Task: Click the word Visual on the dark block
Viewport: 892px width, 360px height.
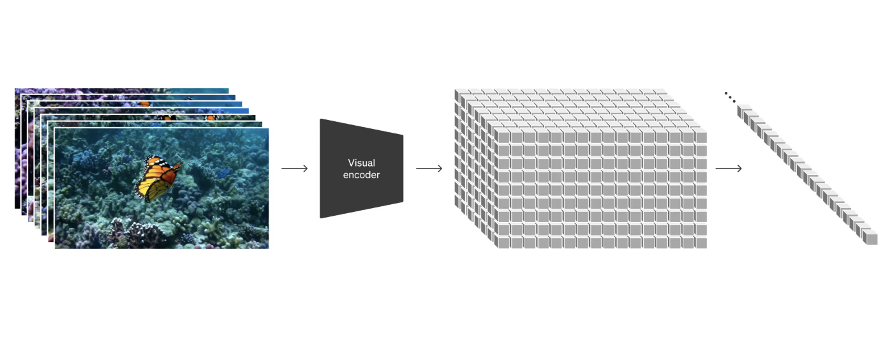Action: [361, 163]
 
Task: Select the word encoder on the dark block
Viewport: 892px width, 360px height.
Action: [361, 174]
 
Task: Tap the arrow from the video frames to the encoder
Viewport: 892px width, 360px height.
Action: [294, 169]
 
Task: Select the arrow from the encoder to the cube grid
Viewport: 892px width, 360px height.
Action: [429, 169]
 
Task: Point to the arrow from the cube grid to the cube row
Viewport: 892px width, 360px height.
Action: [728, 169]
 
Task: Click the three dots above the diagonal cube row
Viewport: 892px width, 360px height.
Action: [730, 97]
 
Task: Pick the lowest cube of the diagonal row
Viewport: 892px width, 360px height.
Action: [870, 239]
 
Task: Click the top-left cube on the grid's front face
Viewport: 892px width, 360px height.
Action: [502, 137]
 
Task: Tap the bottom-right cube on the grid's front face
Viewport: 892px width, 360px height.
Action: [701, 243]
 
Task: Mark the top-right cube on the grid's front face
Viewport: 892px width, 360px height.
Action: [701, 137]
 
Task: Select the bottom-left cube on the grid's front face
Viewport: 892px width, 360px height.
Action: [502, 243]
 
